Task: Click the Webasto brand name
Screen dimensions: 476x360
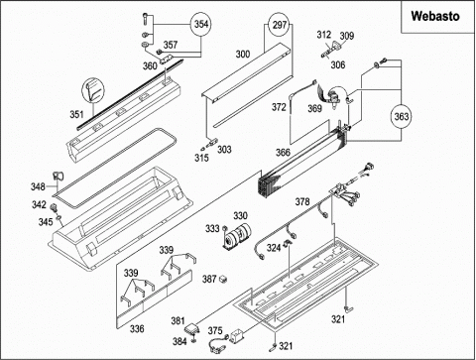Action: pyautogui.click(x=435, y=16)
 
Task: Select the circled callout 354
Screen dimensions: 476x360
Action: pyautogui.click(x=201, y=24)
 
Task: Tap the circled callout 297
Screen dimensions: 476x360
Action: pyautogui.click(x=280, y=25)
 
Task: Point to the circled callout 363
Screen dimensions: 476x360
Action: pyautogui.click(x=402, y=116)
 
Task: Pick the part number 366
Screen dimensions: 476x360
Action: pyautogui.click(x=283, y=153)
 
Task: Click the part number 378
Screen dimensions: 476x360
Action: pyautogui.click(x=302, y=201)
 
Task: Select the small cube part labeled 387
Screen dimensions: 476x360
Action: pyautogui.click(x=224, y=279)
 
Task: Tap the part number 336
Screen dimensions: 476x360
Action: pyautogui.click(x=137, y=328)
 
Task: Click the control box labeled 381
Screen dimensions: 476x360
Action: pyautogui.click(x=191, y=328)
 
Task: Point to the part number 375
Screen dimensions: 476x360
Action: pyautogui.click(x=215, y=330)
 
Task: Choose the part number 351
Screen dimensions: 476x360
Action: pyautogui.click(x=76, y=114)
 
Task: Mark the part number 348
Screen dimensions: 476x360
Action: pyautogui.click(x=38, y=186)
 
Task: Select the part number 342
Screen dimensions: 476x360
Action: pyautogui.click(x=39, y=204)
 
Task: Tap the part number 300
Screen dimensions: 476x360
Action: pyautogui.click(x=243, y=55)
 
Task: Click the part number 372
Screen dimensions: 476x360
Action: pyautogui.click(x=279, y=107)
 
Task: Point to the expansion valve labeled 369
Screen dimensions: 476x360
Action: pyautogui.click(x=333, y=96)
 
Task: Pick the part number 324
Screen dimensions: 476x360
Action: pyautogui.click(x=274, y=247)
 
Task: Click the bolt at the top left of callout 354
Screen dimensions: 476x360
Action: pyautogui.click(x=145, y=19)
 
